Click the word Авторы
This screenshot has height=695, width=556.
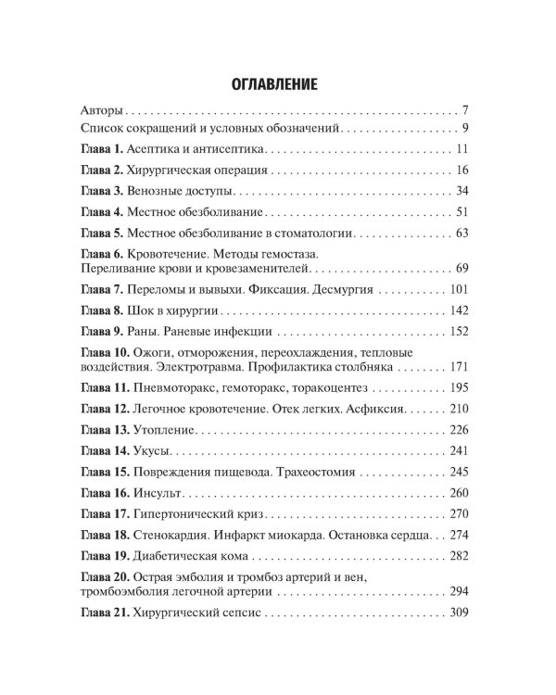click(103, 108)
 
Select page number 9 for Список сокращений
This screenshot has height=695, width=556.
click(468, 128)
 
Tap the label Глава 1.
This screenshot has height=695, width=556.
click(102, 149)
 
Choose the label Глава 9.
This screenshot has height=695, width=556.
click(102, 332)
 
